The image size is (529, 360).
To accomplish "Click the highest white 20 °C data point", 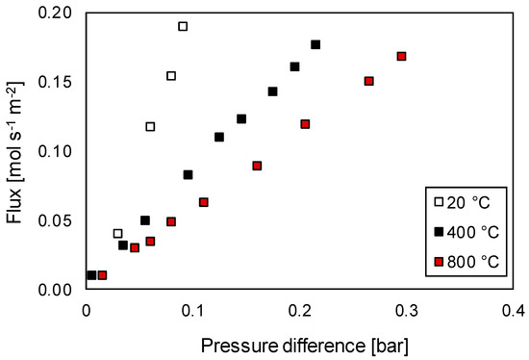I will [183, 26].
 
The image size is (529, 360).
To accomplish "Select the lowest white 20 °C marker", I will [118, 233].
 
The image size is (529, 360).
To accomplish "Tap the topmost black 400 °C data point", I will [315, 44].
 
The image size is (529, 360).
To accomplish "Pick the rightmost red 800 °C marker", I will [401, 56].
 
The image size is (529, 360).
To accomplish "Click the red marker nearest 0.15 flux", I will [368, 81].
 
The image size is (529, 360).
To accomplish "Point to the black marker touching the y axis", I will [91, 275].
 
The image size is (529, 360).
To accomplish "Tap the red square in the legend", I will [439, 261].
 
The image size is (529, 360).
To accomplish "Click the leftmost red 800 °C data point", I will [102, 275].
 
